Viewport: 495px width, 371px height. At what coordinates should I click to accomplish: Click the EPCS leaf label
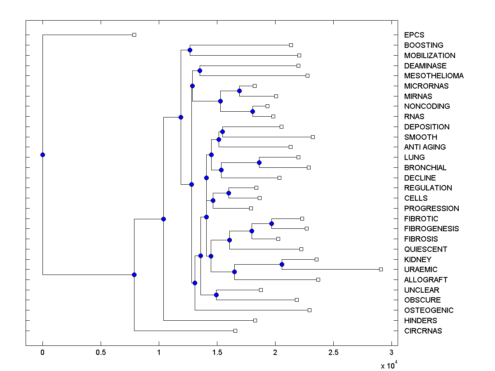point(414,35)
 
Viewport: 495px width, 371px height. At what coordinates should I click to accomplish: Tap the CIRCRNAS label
point(423,331)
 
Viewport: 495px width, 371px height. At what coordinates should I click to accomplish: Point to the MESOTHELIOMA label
point(434,76)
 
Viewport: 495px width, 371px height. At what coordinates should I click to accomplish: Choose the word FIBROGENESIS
point(431,229)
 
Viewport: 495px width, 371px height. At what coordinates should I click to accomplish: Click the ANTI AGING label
point(425,147)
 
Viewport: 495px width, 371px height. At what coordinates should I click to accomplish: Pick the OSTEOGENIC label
point(429,310)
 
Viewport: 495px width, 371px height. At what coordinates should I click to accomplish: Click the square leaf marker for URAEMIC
point(381,269)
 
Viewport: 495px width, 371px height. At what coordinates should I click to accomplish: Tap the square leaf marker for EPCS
point(134,35)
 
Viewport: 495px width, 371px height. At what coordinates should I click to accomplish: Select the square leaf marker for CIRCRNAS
point(235,331)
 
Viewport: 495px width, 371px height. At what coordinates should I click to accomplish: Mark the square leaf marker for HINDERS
point(255,320)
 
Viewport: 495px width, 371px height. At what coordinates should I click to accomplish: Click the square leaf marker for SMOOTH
point(313,137)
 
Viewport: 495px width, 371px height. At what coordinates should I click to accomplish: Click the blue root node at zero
point(42,155)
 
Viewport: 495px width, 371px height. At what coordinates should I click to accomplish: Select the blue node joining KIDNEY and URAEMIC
point(282,264)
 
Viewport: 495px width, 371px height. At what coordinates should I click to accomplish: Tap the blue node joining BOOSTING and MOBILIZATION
point(190,50)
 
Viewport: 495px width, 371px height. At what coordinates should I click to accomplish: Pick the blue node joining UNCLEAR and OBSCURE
point(216,295)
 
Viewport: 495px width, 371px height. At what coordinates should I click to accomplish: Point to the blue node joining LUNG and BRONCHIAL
point(259,162)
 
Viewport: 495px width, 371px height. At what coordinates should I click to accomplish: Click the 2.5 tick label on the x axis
point(333,352)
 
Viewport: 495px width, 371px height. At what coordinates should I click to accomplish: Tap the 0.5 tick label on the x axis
point(101,352)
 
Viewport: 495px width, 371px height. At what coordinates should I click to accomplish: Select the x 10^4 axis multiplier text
point(389,365)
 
